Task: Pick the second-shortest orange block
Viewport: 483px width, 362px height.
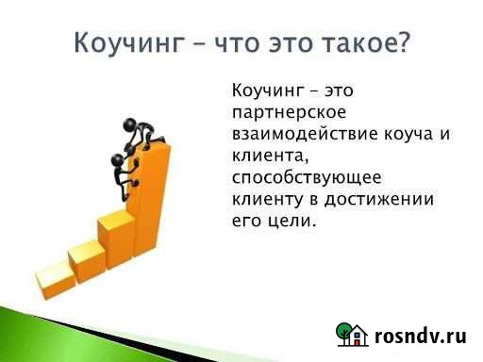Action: [85, 255]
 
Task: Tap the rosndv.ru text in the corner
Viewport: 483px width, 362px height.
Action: [421, 335]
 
